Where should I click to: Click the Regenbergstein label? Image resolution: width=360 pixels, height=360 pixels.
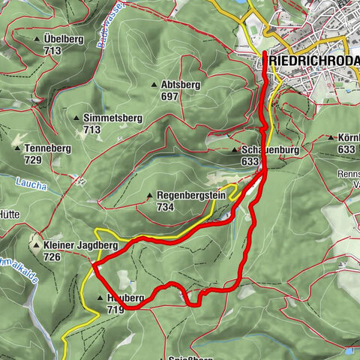pyautogui.click(x=191, y=196)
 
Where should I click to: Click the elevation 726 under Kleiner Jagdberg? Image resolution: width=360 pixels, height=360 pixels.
pyautogui.click(x=52, y=257)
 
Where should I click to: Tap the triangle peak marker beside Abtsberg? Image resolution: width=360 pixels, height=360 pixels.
pyautogui.click(x=154, y=85)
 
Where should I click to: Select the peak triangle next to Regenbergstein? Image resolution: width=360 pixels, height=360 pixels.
pyautogui.click(x=150, y=196)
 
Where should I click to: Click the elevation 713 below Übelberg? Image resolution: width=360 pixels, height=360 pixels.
pyautogui.click(x=52, y=50)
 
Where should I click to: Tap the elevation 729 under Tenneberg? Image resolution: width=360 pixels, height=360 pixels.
pyautogui.click(x=32, y=160)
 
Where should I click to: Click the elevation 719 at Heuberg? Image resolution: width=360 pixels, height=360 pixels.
pyautogui.click(x=115, y=309)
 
